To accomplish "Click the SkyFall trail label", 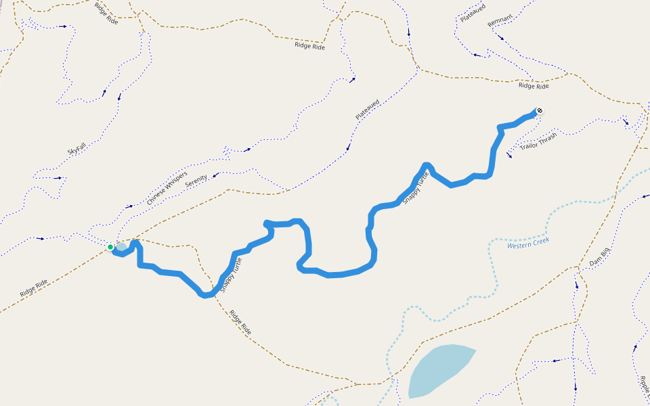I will click(x=77, y=148).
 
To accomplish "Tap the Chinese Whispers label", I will click(x=167, y=183).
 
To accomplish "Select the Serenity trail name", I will click(x=196, y=181).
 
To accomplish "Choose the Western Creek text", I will click(x=528, y=243).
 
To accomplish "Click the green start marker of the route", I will click(x=110, y=247).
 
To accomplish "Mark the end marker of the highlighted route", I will click(x=540, y=111).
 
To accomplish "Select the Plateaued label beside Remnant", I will click(x=468, y=12).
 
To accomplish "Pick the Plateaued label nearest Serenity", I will click(x=368, y=110).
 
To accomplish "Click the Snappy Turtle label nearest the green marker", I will click(x=232, y=273).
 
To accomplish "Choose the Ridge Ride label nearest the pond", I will click(x=240, y=323).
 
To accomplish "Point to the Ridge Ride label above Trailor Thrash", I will click(x=534, y=86).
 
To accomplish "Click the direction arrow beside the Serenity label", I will click(x=215, y=176).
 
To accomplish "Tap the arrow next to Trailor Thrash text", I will click(x=509, y=154).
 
